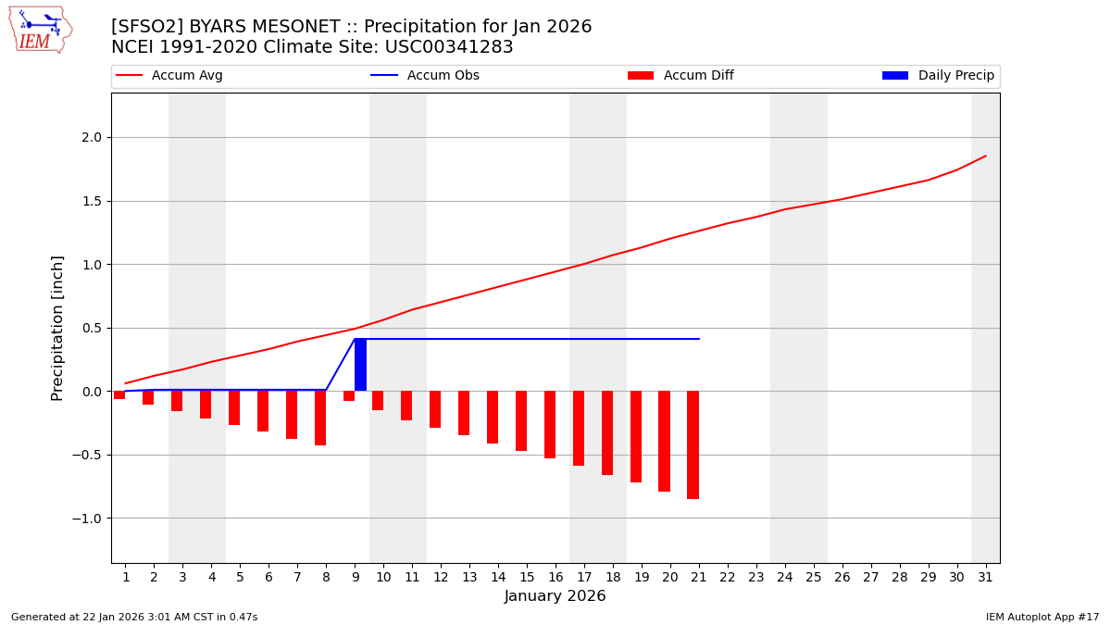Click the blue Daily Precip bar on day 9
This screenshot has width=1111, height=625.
(x=360, y=365)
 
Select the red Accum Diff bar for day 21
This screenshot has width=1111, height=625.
(x=693, y=444)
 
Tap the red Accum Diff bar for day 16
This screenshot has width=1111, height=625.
(x=550, y=424)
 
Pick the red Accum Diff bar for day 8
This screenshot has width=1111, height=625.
(x=320, y=418)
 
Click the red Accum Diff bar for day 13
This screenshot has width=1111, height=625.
(x=464, y=413)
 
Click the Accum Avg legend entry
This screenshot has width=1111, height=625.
(x=169, y=76)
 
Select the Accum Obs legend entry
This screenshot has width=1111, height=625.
(x=425, y=76)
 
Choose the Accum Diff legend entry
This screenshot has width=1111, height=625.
(x=680, y=76)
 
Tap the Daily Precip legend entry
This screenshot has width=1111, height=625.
(x=938, y=76)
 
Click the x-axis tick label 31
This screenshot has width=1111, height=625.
(x=984, y=577)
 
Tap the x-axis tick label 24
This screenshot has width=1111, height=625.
(x=784, y=577)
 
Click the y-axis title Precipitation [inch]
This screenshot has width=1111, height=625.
(x=57, y=328)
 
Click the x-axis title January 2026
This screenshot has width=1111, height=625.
(x=555, y=597)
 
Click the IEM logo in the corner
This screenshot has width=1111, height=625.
(x=40, y=29)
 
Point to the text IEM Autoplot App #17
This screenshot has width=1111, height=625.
(x=1042, y=617)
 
